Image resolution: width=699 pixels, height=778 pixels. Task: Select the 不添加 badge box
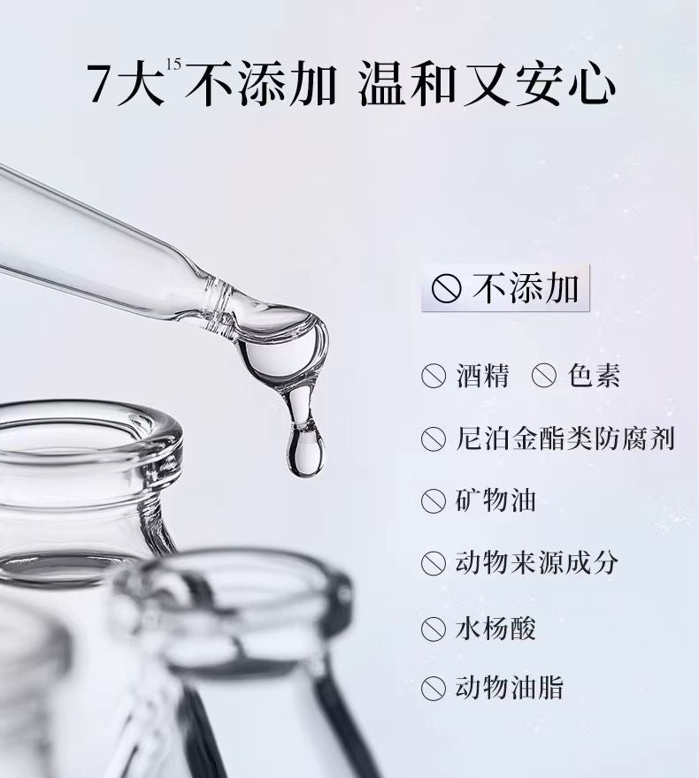pyautogui.click(x=505, y=289)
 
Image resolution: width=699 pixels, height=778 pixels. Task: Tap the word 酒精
pyautogui.click(x=483, y=376)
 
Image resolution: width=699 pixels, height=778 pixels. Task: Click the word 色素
pyautogui.click(x=594, y=376)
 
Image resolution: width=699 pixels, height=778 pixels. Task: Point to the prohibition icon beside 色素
pyautogui.click(x=543, y=377)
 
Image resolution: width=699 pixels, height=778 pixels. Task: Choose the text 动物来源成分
pyautogui.click(x=536, y=563)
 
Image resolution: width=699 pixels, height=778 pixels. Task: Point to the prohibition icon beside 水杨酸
pyautogui.click(x=433, y=629)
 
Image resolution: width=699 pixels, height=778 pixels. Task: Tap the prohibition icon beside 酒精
pyautogui.click(x=433, y=377)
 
